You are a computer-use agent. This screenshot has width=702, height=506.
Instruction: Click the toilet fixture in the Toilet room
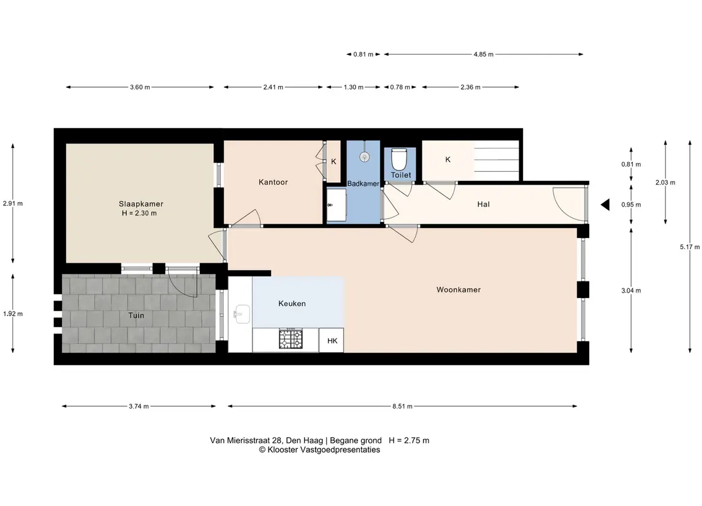[x=399, y=159]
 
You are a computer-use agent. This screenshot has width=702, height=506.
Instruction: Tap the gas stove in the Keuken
[x=291, y=339]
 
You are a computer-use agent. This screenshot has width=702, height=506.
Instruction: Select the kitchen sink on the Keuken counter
[x=242, y=314]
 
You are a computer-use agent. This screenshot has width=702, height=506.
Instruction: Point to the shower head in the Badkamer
[x=365, y=156]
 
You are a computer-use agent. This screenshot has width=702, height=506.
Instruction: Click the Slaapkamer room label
[x=140, y=204]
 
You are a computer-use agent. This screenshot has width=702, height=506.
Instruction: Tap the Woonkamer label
[x=459, y=289]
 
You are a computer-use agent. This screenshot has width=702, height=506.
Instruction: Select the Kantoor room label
[x=273, y=182]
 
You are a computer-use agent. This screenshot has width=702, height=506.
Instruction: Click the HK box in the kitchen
[x=332, y=341]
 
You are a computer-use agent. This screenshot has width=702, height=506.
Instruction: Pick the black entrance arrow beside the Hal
[x=605, y=205]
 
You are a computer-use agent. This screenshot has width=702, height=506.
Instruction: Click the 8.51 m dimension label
[x=402, y=407]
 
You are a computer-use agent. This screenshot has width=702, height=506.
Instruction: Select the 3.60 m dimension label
[x=140, y=87]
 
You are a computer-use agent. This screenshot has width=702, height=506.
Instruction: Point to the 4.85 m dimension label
[x=484, y=55]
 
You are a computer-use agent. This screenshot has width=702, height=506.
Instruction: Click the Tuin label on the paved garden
[x=136, y=315]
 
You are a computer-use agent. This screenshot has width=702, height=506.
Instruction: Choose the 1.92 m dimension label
[x=13, y=314]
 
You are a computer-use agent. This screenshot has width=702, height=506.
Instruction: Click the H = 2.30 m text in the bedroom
[x=139, y=213]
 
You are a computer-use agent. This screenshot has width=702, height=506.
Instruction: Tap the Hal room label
[x=483, y=204]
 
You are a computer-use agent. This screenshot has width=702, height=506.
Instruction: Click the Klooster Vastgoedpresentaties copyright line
[x=319, y=450]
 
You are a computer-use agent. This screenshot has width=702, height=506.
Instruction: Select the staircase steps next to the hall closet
[x=496, y=161]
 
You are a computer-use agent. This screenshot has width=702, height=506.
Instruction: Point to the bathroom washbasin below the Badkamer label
[x=336, y=205]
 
